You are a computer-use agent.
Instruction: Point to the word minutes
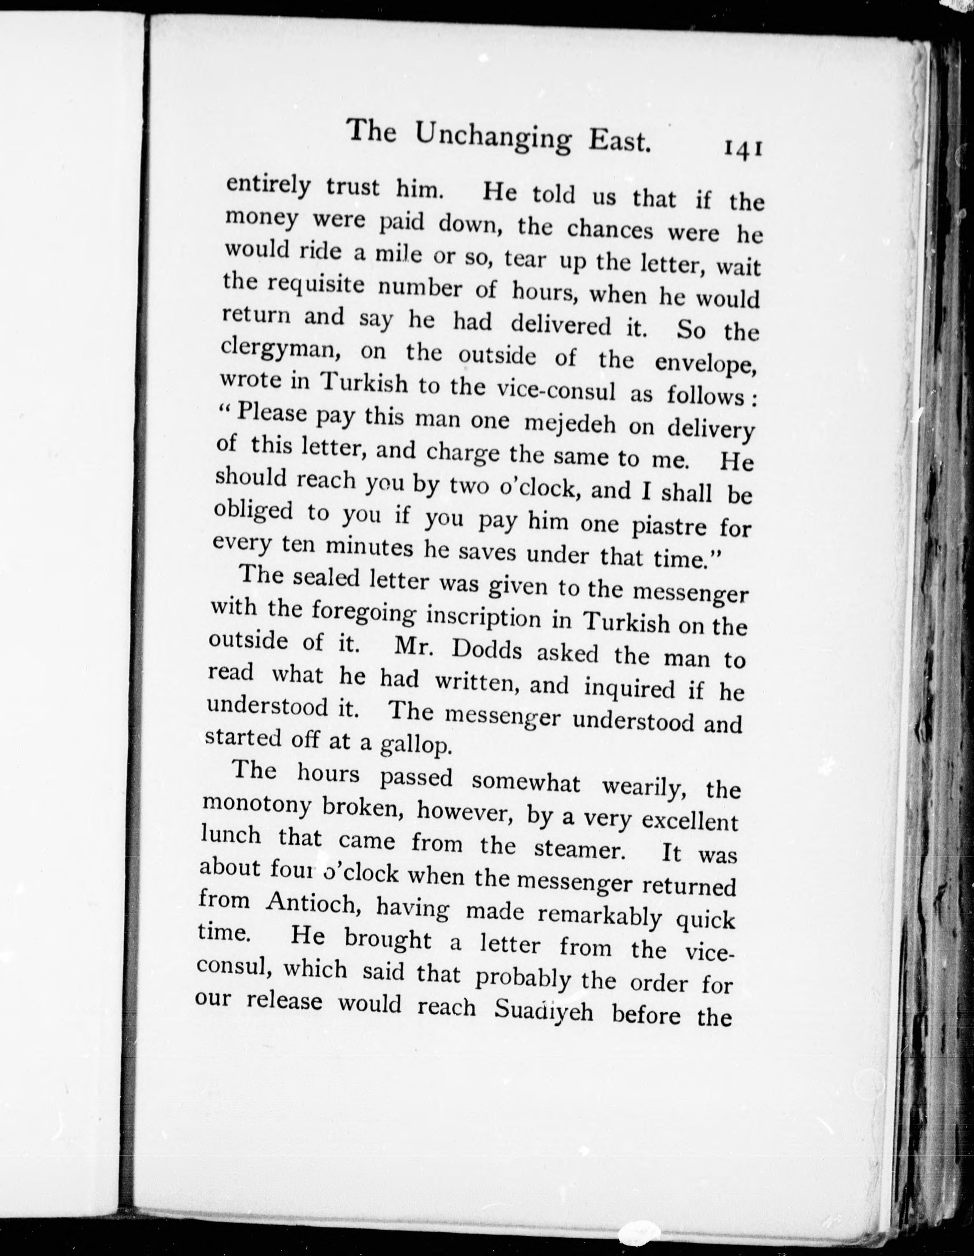(x=368, y=547)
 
